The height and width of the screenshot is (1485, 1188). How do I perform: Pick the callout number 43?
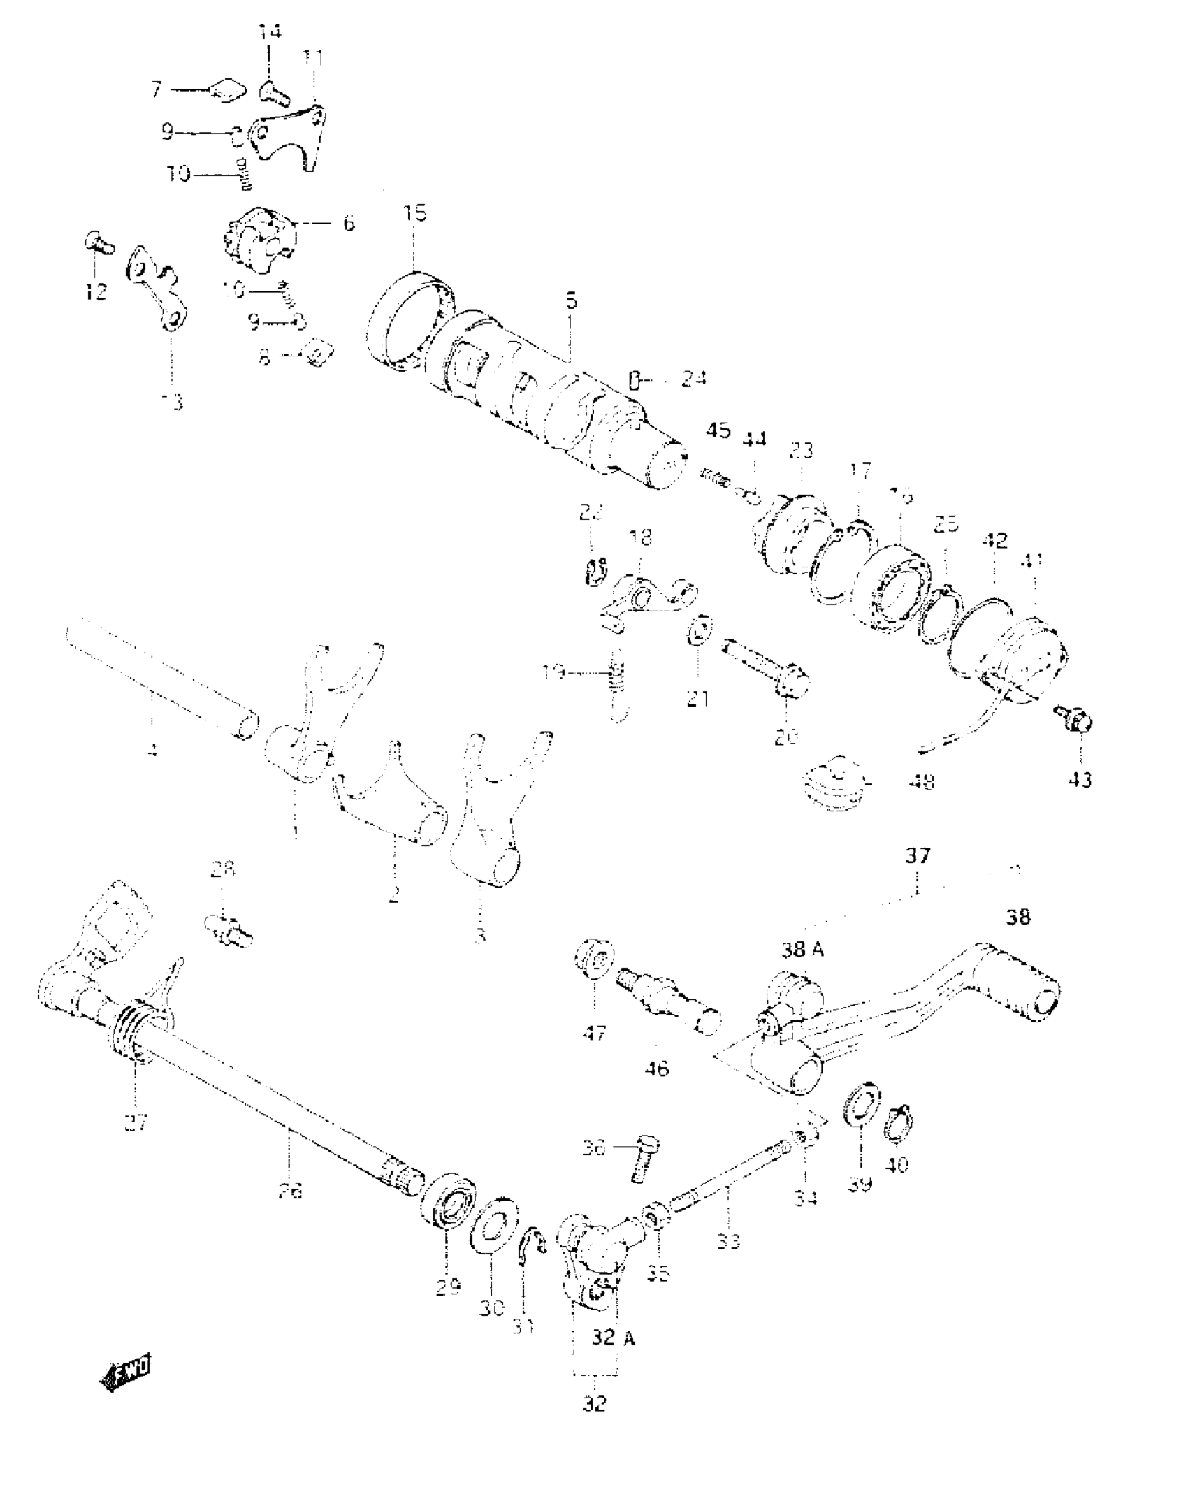1080,778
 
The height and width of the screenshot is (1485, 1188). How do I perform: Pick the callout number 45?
718,430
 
